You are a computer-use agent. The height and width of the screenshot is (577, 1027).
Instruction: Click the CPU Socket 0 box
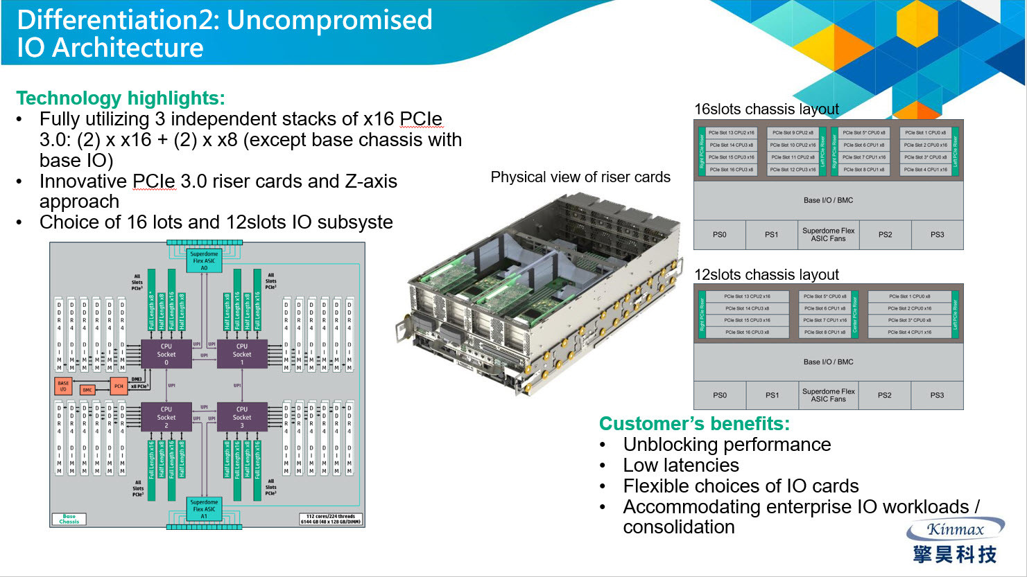pos(166,354)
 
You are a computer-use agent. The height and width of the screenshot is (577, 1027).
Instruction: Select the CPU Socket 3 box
pos(241,417)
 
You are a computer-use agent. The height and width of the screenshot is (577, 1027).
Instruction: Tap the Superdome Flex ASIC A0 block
pos(204,260)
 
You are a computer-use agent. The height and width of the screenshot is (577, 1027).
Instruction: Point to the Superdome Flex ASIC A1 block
pos(204,509)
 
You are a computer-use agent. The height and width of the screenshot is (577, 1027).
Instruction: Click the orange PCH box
pos(119,386)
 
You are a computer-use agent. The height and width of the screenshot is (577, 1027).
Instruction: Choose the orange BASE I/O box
pos(63,386)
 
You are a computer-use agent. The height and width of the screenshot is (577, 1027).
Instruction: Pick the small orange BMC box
pos(87,390)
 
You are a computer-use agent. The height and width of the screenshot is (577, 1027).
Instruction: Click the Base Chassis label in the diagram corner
pos(69,518)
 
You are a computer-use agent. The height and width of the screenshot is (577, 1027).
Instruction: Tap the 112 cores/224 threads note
pos(330,518)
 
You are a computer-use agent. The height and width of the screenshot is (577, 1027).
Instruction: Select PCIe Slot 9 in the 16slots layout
pos(793,132)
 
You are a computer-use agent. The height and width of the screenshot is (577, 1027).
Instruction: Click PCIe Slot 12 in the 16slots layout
pos(793,170)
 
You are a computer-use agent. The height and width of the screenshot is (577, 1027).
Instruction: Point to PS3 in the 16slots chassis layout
pos(937,235)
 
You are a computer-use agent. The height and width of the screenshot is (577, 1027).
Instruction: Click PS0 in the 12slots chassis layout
pos(720,396)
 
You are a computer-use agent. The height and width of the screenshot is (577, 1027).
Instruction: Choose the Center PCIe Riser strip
pos(854,314)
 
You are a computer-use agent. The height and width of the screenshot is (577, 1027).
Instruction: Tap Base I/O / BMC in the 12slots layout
pos(828,362)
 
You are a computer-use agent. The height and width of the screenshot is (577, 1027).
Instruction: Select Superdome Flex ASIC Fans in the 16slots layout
pos(828,235)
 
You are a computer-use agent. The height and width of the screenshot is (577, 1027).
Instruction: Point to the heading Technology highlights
pos(121,98)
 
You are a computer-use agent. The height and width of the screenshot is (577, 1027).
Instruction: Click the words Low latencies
pos(680,465)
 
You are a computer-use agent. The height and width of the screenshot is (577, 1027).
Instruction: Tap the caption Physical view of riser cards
pos(580,177)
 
